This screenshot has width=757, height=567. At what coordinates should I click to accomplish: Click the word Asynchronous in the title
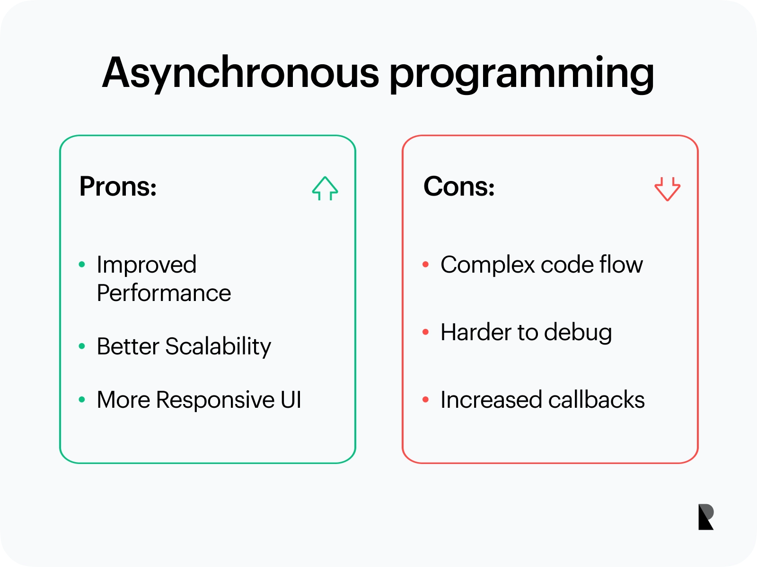tap(240, 73)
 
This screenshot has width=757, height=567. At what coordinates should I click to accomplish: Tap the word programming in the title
tap(522, 75)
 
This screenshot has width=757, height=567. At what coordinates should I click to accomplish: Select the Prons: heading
tap(118, 186)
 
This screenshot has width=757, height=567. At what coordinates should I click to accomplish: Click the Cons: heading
tap(458, 186)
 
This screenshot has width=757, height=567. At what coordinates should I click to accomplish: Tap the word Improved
tap(147, 265)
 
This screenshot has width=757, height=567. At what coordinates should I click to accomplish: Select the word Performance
tap(164, 293)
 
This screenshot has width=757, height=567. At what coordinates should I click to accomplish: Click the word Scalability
tap(218, 347)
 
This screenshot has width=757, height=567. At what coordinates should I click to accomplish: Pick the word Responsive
tap(215, 400)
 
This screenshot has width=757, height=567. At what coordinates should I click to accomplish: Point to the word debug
tap(578, 333)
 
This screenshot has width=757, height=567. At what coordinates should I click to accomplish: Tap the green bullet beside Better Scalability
tap(82, 346)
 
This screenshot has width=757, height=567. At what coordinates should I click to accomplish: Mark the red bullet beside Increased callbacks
tap(425, 399)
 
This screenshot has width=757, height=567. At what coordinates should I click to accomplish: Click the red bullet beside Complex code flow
tap(425, 265)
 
